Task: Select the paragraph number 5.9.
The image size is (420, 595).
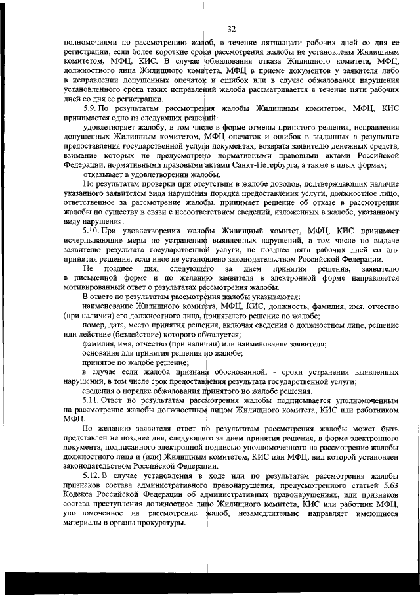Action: [x=90, y=107]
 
